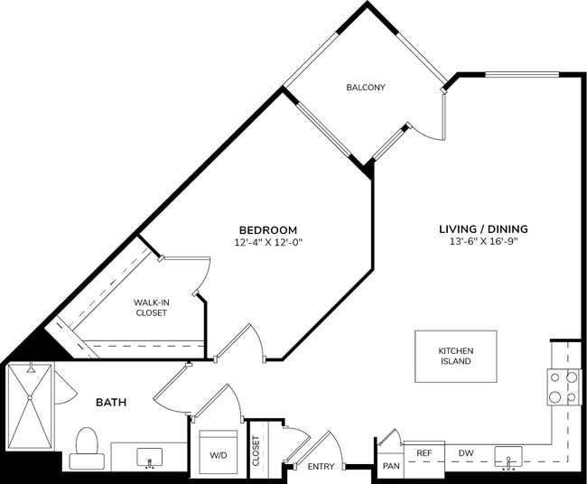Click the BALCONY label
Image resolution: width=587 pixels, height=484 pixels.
pyautogui.click(x=366, y=88)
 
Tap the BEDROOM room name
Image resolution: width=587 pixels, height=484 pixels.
pyautogui.click(x=267, y=230)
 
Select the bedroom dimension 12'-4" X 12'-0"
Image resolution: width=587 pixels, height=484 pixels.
pyautogui.click(x=267, y=243)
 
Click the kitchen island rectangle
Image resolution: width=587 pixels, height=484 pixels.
pyautogui.click(x=455, y=356)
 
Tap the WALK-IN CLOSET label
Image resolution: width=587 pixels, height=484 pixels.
pyautogui.click(x=151, y=307)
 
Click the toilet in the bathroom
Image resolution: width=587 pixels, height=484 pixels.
pyautogui.click(x=87, y=449)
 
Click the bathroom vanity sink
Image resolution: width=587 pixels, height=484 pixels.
pyautogui.click(x=149, y=455)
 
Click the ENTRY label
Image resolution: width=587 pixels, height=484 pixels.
pyautogui.click(x=321, y=466)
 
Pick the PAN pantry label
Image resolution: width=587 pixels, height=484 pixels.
pyautogui.click(x=390, y=466)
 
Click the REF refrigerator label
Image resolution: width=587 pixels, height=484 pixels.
pyautogui.click(x=423, y=453)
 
